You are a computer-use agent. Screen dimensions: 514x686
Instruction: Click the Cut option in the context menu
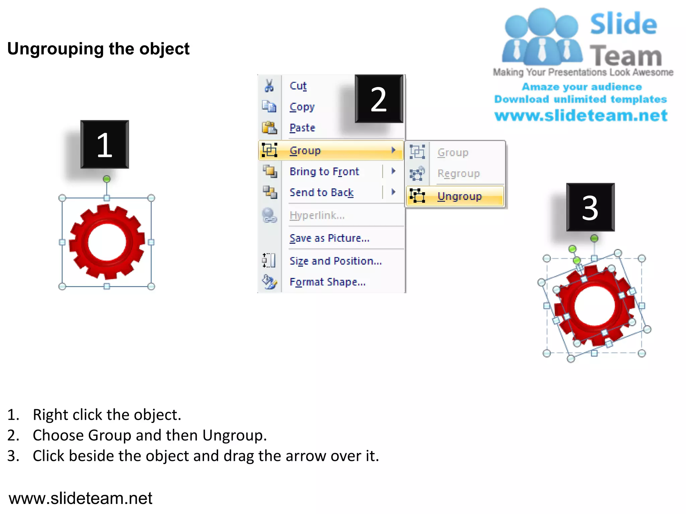point(298,86)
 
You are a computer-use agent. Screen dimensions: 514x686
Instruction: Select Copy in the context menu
point(302,107)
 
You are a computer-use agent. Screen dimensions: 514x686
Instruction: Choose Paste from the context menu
point(302,128)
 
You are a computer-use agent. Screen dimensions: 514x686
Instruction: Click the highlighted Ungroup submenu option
point(459,196)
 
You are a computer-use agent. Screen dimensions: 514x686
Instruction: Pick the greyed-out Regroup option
point(458,174)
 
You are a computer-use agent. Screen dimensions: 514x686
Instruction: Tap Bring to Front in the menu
point(324,172)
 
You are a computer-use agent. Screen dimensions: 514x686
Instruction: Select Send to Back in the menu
point(321,192)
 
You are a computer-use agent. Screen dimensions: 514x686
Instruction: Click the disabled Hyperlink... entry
point(317,216)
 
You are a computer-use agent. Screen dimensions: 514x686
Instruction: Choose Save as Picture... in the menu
point(329,238)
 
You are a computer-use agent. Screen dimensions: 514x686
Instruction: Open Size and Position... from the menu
point(336,261)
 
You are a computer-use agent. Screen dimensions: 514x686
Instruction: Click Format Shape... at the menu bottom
point(327,282)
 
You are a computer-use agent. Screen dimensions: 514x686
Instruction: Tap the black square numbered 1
point(105,145)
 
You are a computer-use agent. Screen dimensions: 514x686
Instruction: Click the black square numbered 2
point(379,99)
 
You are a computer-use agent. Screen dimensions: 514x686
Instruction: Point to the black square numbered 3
point(590,207)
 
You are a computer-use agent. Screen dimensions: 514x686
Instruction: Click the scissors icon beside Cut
point(269,86)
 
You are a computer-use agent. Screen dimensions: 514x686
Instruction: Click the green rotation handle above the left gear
point(107,179)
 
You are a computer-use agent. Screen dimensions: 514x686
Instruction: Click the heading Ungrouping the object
point(98,49)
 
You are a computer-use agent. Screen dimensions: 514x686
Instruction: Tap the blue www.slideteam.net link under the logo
point(581,116)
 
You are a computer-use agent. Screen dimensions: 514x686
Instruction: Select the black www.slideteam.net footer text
point(80,498)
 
